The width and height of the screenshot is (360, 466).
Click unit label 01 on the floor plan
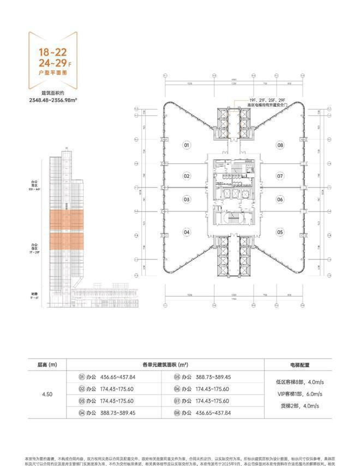[x=187, y=146]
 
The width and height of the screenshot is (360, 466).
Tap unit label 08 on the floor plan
[x=280, y=146]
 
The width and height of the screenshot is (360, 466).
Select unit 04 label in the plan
[x=187, y=232]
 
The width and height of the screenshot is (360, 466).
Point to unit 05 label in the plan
[x=280, y=232]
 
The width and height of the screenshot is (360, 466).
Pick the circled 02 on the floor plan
[x=187, y=176]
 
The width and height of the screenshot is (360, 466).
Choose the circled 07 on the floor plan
[x=280, y=176]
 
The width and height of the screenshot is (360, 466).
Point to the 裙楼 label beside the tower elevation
[x=35, y=293]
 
